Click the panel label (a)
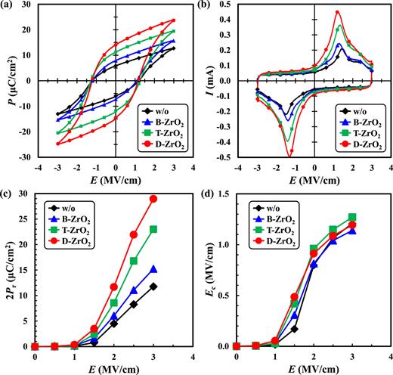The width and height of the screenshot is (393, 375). point(9,7)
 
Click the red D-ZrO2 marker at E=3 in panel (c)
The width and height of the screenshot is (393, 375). point(153,199)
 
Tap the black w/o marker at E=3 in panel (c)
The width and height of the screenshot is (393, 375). point(153,287)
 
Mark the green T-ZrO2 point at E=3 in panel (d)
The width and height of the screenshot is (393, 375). point(351,217)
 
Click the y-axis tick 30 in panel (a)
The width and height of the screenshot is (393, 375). point(29,5)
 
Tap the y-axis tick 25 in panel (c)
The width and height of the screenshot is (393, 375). point(29,219)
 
